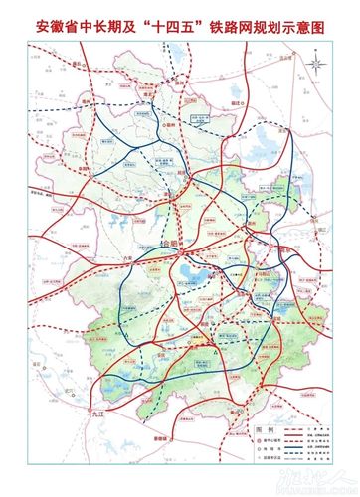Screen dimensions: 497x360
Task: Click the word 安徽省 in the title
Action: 61,23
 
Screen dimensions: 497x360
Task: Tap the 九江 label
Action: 96,409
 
